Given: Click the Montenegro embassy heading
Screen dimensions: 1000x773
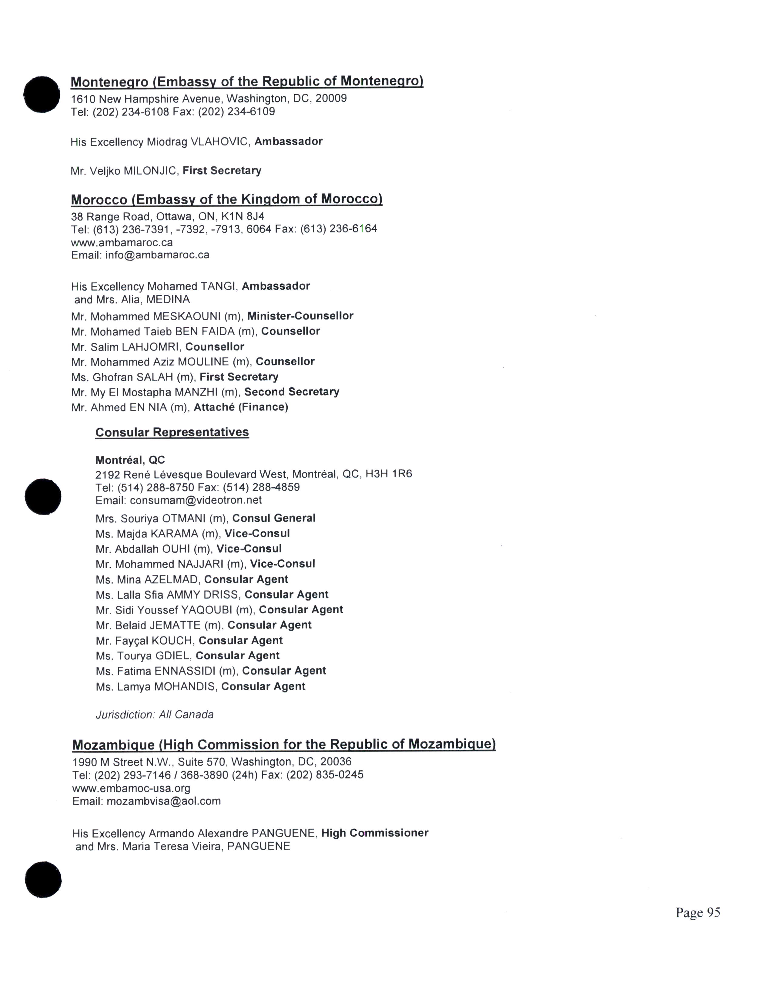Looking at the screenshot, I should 247,82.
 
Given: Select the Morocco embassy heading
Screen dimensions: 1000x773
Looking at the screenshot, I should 227,200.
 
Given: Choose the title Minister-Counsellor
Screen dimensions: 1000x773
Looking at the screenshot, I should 300,316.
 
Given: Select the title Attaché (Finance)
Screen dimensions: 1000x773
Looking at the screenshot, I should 241,407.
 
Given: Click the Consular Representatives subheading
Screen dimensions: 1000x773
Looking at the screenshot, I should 172,432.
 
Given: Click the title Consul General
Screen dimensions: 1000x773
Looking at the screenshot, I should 274,518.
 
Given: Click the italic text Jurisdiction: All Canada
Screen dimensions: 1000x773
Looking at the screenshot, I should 154,715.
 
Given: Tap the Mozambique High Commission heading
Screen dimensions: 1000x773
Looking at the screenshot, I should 284,745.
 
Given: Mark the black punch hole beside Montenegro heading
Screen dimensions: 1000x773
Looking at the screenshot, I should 42,94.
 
